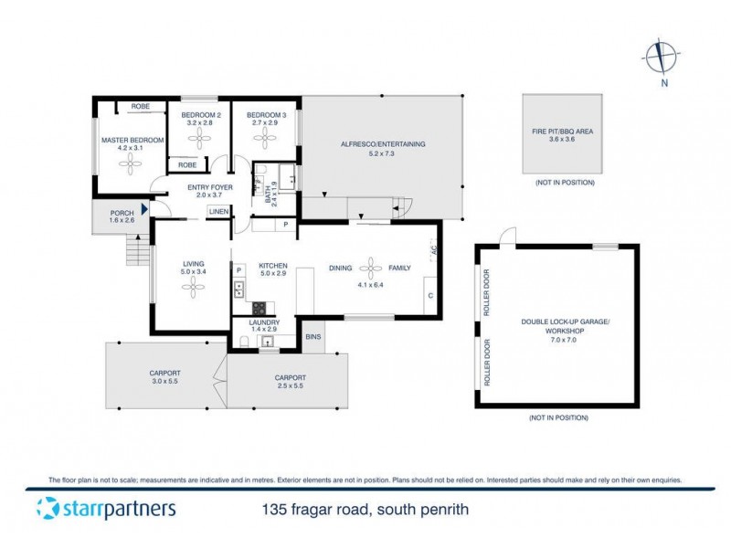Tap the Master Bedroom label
pos(132,140)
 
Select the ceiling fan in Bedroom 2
pos(198,138)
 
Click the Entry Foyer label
pos(210,187)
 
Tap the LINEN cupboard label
pos(218,212)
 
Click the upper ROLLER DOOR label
pos(488,291)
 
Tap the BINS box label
pos(313,336)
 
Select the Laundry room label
pos(250,322)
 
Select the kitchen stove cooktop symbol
pos(259,307)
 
